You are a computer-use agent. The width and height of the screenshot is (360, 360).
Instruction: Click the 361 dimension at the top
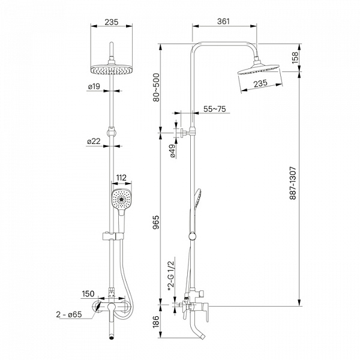[x=223, y=22]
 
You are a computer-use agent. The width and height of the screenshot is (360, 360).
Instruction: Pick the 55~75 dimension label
[x=214, y=109]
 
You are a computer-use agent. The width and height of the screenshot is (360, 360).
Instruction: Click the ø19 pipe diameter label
[x=93, y=87]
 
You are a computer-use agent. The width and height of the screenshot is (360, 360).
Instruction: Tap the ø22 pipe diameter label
[x=93, y=142]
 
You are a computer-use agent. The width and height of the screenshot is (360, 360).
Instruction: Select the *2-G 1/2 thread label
[x=172, y=272]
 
